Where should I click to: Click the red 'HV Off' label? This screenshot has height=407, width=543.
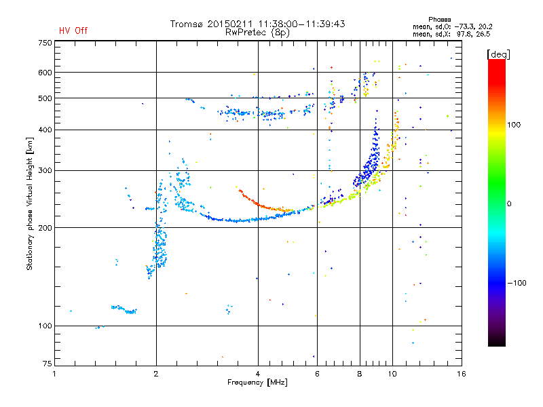(73, 31)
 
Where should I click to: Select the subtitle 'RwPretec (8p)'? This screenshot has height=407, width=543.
(257, 33)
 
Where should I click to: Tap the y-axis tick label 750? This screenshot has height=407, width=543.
(45, 43)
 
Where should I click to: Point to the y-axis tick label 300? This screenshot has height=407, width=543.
(45, 171)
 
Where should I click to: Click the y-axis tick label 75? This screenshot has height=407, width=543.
(48, 364)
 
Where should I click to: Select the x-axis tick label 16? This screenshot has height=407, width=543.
(462, 374)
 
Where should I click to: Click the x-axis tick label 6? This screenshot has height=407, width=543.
(317, 374)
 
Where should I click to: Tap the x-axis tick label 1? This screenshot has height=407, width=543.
(54, 374)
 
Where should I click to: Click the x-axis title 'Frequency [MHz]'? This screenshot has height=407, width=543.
(257, 383)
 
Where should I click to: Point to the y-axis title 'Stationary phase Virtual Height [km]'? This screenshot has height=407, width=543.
(30, 204)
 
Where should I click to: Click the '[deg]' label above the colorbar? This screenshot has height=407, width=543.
(498, 54)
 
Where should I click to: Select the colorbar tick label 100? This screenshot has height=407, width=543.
(514, 125)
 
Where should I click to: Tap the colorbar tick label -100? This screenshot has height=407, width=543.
(517, 283)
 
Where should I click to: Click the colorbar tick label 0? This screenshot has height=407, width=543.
(509, 203)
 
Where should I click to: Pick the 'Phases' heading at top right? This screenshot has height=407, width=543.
(439, 20)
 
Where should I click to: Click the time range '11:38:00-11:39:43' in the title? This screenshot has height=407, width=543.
(301, 24)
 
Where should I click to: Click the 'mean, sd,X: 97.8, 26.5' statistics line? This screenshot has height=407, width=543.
(451, 35)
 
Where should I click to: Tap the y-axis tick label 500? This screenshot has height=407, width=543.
(45, 98)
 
